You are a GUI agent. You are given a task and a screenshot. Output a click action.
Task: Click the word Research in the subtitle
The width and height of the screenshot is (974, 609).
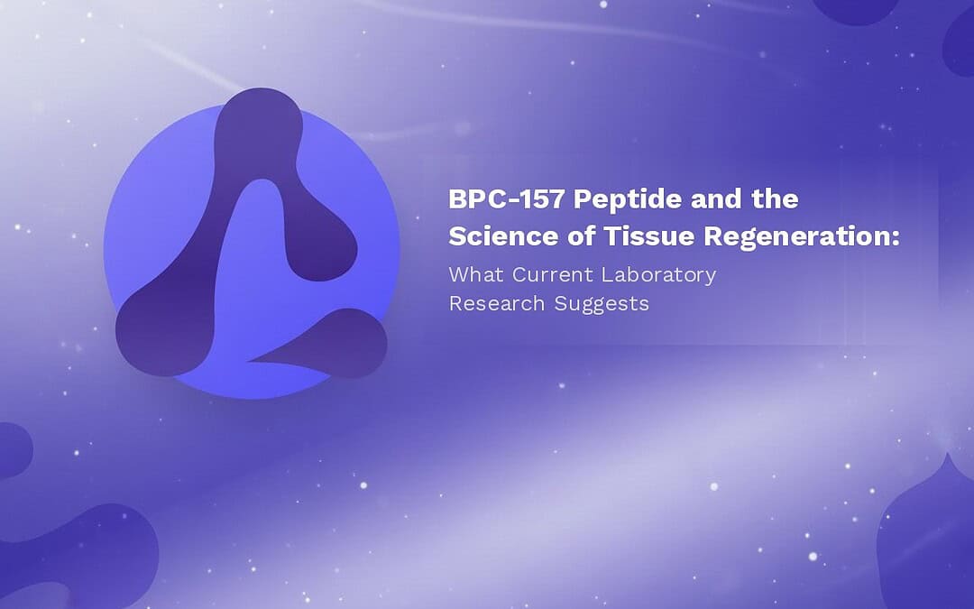[x=497, y=303]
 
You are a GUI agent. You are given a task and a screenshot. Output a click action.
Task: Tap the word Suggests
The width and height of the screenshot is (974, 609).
[x=602, y=305]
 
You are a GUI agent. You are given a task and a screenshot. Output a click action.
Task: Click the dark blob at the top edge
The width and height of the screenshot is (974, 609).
[x=856, y=9]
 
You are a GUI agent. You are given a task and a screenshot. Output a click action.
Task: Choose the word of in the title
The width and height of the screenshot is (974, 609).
[x=581, y=236]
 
